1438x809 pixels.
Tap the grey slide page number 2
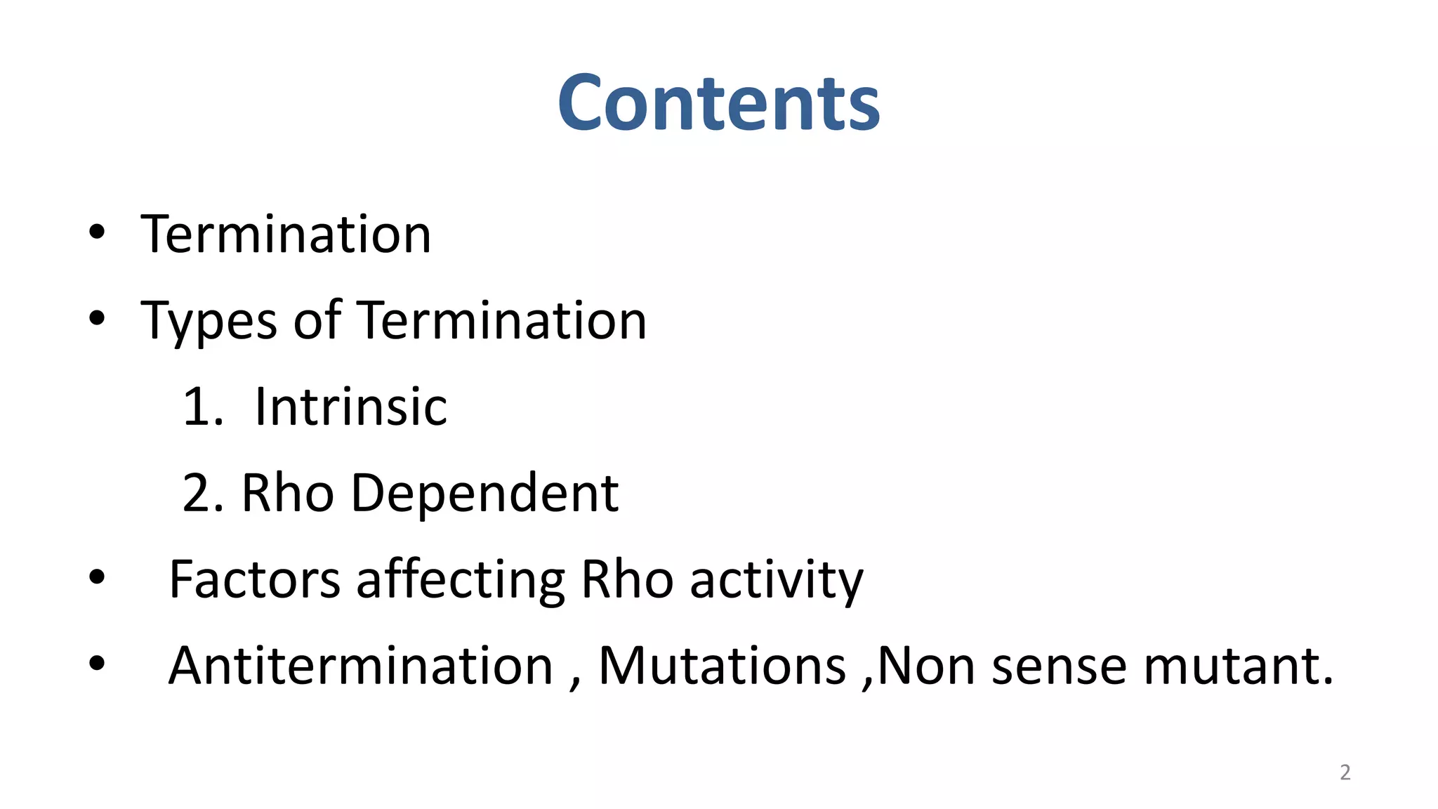(1345, 772)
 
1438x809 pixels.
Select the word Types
(209, 321)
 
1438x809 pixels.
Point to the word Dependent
(484, 493)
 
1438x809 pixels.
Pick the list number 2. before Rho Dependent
(202, 493)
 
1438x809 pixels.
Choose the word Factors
(255, 579)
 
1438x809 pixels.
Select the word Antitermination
(361, 665)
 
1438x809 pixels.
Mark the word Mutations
(722, 665)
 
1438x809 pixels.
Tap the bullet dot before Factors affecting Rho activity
(97, 578)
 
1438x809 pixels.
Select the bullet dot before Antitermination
(97, 664)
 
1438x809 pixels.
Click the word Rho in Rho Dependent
(287, 493)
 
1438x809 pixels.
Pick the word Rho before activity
(628, 579)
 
